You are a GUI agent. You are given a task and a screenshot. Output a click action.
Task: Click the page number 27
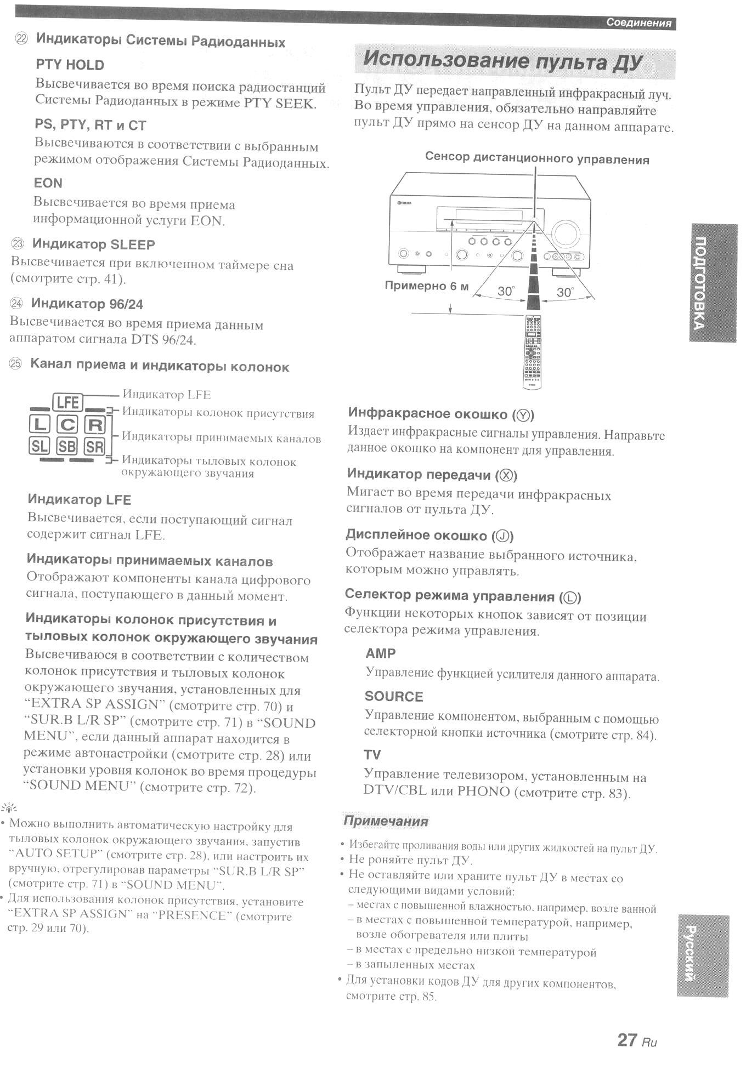627,1039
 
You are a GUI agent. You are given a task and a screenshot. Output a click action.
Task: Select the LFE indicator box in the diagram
67,403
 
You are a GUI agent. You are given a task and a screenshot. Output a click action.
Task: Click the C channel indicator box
68,424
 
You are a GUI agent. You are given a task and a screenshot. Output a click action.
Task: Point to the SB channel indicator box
67,446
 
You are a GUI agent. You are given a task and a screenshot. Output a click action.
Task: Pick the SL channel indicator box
39,446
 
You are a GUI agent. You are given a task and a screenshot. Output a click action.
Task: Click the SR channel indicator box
94,447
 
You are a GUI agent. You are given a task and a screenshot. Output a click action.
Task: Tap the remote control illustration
532,351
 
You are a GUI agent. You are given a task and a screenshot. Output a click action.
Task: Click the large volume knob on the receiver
566,234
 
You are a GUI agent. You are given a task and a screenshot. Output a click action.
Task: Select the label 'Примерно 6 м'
426,286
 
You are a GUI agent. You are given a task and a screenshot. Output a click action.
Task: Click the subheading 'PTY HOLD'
70,65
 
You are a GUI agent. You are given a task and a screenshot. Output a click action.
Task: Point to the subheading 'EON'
48,183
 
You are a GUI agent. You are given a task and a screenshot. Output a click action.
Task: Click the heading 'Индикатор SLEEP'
93,244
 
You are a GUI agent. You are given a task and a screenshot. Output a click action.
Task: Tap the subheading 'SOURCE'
394,696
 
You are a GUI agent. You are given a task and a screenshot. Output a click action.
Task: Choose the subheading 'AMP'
380,653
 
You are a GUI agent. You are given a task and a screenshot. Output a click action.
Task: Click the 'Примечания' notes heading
385,821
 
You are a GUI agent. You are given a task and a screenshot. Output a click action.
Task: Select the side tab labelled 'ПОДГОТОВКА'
712,283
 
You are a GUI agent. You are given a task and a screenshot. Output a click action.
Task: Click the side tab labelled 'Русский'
703,954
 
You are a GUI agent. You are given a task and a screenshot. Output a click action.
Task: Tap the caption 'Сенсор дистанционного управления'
537,159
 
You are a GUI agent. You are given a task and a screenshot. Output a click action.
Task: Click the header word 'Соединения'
638,23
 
